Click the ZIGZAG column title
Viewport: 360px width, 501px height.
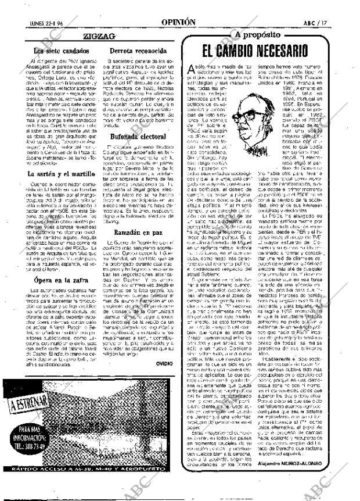pyautogui.click(x=99, y=36)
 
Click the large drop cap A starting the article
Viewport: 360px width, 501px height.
pyautogui.click(x=192, y=70)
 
